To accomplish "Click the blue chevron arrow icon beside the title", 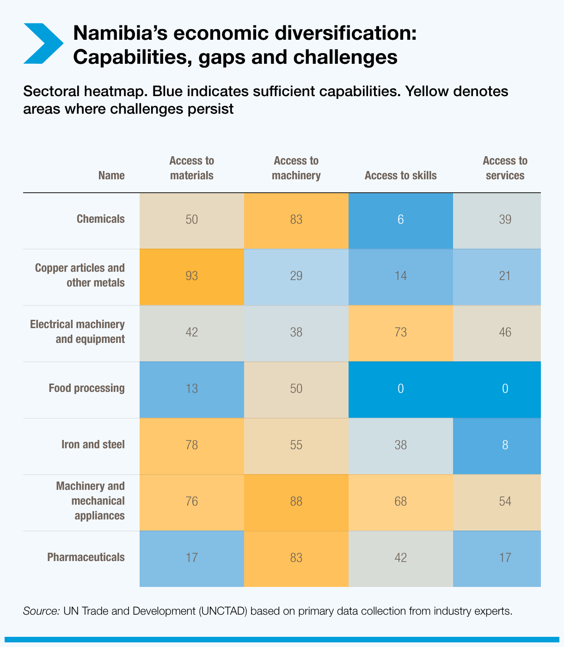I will [43, 43].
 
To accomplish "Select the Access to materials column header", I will [191, 168].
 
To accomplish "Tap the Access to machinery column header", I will [296, 168].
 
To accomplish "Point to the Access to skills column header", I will [400, 176].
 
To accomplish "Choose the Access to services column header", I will [505, 168].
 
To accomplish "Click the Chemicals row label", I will [100, 219].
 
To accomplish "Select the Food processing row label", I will [86, 388].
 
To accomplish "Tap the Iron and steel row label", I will [93, 445].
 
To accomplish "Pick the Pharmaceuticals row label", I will [86, 557].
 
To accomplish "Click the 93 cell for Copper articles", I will [191, 276].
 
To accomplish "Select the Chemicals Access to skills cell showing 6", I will [400, 220].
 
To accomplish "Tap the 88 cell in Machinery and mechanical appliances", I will [296, 501].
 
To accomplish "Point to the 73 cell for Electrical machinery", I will [400, 332].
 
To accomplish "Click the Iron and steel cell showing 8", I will [505, 445].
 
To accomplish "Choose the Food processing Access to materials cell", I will [191, 389].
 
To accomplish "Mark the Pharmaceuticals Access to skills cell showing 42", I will [400, 558].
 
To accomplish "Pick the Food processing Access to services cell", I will [505, 389].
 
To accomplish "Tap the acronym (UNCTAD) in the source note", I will [224, 611].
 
